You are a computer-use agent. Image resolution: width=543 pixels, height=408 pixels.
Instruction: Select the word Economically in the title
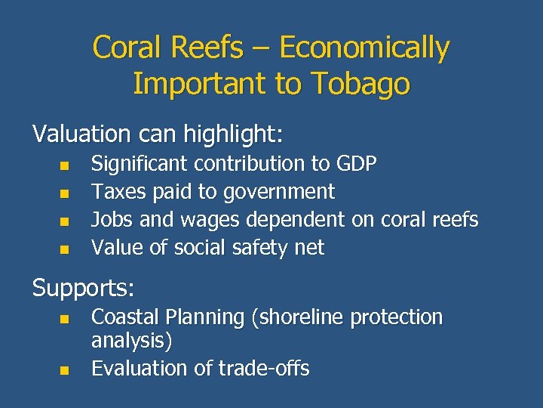364,48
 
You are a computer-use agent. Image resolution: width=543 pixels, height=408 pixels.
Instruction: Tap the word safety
259,248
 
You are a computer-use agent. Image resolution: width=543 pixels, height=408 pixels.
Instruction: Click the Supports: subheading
83,288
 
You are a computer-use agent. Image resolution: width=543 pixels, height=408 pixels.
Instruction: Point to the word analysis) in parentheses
132,341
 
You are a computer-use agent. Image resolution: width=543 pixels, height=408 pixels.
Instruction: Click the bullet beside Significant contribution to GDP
65,165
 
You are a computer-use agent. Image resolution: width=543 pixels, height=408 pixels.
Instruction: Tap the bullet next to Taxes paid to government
65,193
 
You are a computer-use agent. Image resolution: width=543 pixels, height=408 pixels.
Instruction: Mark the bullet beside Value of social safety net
65,249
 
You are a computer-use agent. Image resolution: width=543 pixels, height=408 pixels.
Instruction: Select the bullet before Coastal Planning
65,319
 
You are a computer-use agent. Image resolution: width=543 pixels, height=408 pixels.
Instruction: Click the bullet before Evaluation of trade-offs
65,369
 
